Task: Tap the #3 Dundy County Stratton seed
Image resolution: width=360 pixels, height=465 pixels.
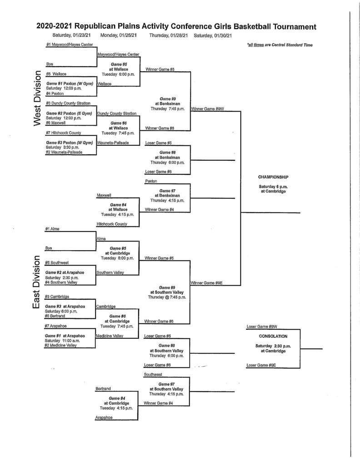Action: tap(67, 103)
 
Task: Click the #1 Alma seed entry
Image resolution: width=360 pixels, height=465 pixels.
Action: tap(53, 229)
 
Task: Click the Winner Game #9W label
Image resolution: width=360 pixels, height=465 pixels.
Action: tap(207, 109)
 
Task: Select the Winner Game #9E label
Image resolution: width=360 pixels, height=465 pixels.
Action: tap(207, 283)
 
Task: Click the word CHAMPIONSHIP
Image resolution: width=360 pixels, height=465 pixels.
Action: tap(273, 177)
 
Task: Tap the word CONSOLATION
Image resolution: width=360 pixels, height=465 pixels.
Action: tap(273, 336)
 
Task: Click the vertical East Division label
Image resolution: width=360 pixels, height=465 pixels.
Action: tap(38, 282)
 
